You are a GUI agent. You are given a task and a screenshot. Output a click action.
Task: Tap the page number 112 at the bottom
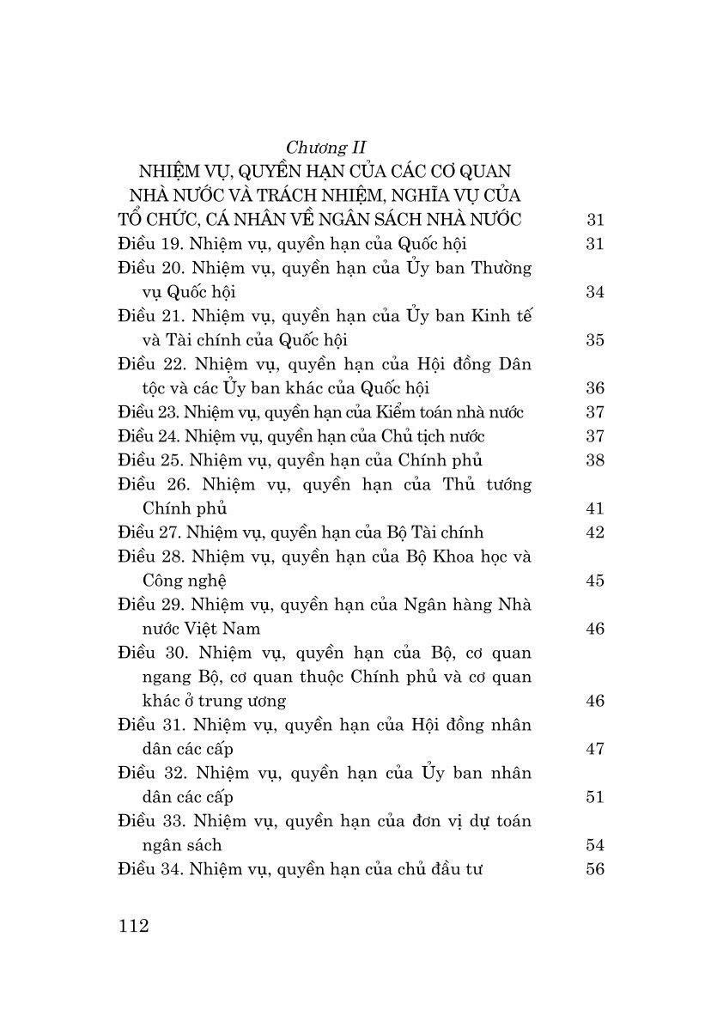(x=136, y=925)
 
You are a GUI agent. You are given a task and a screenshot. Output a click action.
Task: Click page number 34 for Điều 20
(x=595, y=292)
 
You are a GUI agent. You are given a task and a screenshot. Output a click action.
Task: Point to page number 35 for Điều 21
(x=595, y=340)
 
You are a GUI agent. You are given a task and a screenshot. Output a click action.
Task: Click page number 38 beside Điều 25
(x=595, y=460)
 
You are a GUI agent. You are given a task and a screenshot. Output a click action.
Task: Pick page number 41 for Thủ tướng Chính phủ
(x=595, y=508)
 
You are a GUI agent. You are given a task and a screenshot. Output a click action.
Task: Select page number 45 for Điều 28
(x=595, y=581)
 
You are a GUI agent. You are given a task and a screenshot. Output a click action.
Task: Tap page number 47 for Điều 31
(x=595, y=749)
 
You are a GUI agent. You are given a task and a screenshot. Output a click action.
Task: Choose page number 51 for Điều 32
(x=595, y=797)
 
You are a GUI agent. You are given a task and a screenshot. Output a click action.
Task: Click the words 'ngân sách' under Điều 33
(x=182, y=845)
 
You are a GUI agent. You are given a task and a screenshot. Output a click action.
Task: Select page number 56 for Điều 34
(x=595, y=869)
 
